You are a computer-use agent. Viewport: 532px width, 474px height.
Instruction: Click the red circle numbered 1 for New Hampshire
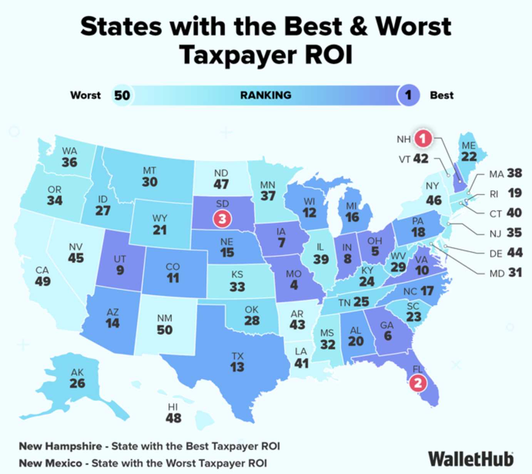(x=423, y=138)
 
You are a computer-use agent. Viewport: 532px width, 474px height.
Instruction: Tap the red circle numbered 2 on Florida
(x=418, y=383)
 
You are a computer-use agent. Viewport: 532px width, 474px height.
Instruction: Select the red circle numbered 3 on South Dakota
(x=222, y=219)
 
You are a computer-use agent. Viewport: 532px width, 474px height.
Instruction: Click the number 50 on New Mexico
(x=164, y=330)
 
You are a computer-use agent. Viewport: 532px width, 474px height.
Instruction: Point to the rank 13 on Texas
(x=237, y=367)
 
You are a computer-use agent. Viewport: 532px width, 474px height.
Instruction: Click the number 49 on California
(x=42, y=281)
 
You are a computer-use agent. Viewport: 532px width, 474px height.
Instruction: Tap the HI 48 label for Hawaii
(x=173, y=413)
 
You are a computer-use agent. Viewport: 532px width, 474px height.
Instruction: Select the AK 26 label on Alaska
(x=77, y=378)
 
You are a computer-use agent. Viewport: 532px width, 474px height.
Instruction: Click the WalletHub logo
(x=470, y=459)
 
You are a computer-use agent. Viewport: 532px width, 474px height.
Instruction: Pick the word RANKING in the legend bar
(x=266, y=95)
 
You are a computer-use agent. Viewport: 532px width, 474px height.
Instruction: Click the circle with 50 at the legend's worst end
(x=122, y=95)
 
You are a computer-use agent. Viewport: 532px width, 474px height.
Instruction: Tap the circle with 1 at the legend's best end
(x=408, y=95)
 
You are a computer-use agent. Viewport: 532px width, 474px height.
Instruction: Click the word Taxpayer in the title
(x=238, y=55)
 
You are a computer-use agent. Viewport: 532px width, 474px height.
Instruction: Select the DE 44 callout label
(x=506, y=253)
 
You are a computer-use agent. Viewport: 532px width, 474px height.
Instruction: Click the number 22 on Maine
(x=469, y=157)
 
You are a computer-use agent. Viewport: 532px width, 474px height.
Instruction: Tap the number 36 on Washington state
(x=69, y=162)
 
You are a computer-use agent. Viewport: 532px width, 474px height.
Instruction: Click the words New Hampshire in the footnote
(x=60, y=446)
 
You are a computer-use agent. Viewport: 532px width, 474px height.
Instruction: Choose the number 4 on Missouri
(x=294, y=285)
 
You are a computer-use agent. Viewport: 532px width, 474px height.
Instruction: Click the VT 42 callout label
(x=414, y=159)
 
